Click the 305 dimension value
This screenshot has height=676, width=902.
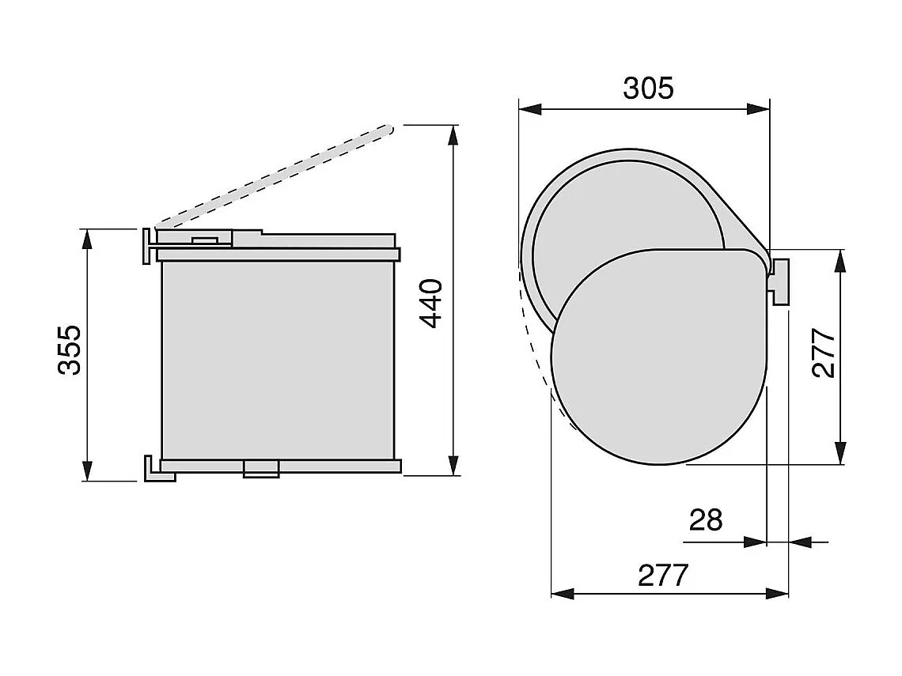[x=648, y=88]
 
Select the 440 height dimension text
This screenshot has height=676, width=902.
[x=431, y=303]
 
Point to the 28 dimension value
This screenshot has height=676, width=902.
[x=706, y=520]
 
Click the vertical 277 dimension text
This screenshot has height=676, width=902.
[x=824, y=353]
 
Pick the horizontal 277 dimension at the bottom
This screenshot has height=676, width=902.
[x=663, y=575]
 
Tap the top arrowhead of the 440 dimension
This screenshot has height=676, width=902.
[x=453, y=134]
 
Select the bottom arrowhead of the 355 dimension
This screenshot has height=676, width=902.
[x=88, y=471]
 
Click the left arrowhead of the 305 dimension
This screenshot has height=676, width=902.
[x=529, y=109]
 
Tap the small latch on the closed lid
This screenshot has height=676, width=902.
[x=204, y=238]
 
